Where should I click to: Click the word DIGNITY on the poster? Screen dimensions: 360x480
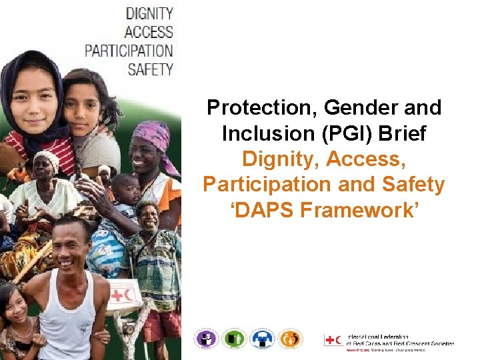pyautogui.click(x=149, y=13)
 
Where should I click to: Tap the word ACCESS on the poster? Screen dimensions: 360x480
pyautogui.click(x=149, y=31)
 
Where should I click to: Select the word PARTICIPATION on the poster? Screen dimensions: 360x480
pyautogui.click(x=129, y=50)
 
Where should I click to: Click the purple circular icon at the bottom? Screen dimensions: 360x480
pyautogui.click(x=206, y=339)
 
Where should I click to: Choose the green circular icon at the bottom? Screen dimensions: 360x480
pyautogui.click(x=234, y=339)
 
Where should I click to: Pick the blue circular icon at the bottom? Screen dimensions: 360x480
pyautogui.click(x=262, y=339)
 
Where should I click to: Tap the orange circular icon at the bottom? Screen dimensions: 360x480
pyautogui.click(x=290, y=339)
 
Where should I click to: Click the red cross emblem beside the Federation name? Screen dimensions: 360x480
pyautogui.click(x=333, y=340)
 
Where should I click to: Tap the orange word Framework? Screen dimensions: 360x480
pyautogui.click(x=360, y=210)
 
